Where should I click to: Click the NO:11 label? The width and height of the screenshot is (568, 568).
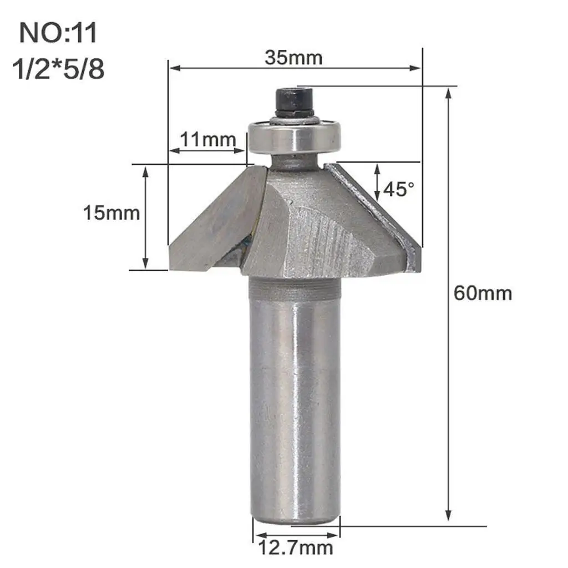pyautogui.click(x=58, y=33)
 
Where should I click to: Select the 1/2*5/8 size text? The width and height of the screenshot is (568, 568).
pyautogui.click(x=58, y=69)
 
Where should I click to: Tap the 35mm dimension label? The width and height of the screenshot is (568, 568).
pyautogui.click(x=293, y=58)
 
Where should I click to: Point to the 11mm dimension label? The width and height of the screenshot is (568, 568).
pyautogui.click(x=208, y=139)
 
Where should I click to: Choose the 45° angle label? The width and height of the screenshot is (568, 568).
pyautogui.click(x=398, y=189)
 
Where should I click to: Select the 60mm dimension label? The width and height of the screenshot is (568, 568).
pyautogui.click(x=483, y=293)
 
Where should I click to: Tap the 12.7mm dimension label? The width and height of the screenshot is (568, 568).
pyautogui.click(x=296, y=547)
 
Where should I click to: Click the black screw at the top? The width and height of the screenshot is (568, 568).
pyautogui.click(x=294, y=103)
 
